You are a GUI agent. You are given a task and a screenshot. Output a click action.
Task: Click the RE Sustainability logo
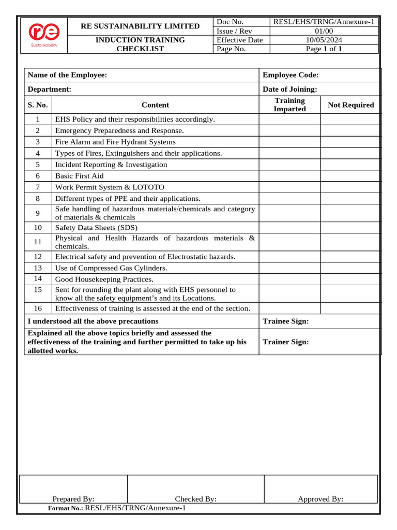[43, 35]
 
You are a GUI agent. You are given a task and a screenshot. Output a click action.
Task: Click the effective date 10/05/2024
[325, 40]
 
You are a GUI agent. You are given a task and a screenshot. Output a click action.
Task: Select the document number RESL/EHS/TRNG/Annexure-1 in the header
[325, 22]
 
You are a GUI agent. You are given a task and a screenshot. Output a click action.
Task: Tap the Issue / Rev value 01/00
[325, 31]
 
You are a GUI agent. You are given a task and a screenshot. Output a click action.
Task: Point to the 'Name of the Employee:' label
[67, 75]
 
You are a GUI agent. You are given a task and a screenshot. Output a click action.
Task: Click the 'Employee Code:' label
[291, 75]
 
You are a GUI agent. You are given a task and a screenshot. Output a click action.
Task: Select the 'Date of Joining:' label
[290, 89]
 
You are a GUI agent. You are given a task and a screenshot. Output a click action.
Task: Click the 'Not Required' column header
[350, 105]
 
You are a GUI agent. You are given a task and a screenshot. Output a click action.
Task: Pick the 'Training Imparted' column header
[289, 105]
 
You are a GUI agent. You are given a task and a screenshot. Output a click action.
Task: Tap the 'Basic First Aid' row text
[79, 176]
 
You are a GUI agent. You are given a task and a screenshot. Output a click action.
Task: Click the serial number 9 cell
[38, 213]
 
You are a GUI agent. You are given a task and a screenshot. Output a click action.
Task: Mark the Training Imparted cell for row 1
[289, 120]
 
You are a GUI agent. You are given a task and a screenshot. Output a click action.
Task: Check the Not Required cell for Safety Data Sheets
[350, 228]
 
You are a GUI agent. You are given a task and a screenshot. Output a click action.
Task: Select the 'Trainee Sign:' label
[286, 321]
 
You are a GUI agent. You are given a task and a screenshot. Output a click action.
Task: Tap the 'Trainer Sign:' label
[286, 342]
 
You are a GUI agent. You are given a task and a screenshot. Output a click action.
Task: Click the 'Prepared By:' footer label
[73, 499]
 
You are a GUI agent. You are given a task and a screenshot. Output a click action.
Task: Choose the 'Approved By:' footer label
[320, 499]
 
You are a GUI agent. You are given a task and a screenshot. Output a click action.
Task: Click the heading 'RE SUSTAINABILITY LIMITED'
[140, 26]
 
